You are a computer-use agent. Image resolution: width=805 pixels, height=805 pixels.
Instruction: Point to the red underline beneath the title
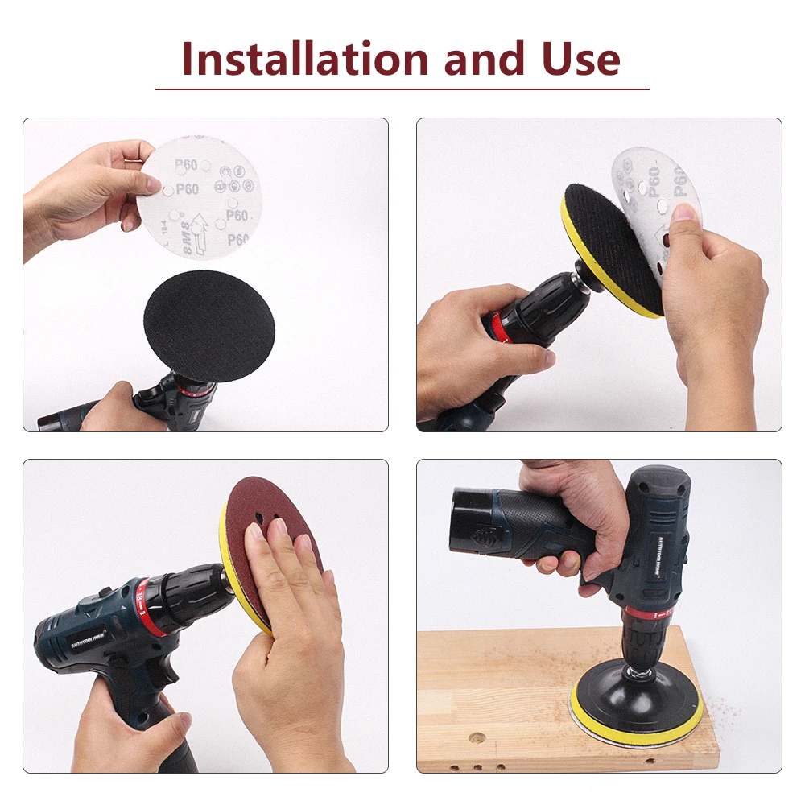[x=402, y=89]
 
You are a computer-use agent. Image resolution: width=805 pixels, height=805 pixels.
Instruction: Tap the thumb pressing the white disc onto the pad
[x=684, y=216]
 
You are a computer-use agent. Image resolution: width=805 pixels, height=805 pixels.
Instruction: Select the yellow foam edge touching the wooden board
[x=636, y=729]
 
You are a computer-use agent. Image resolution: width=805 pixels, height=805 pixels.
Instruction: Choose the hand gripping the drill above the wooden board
[x=572, y=515]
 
